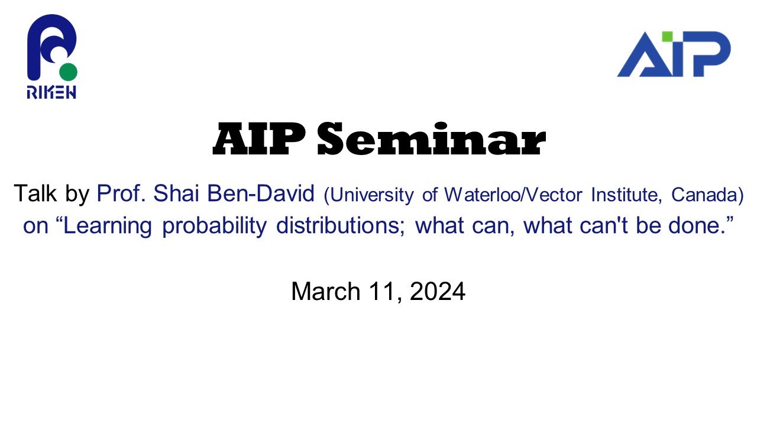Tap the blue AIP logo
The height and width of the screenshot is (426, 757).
point(674,54)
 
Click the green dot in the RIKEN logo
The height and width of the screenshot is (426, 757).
point(69,72)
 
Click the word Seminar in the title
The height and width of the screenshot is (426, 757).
point(431,141)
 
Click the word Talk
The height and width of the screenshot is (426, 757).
point(35,193)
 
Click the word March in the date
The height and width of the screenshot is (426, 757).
point(326,292)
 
